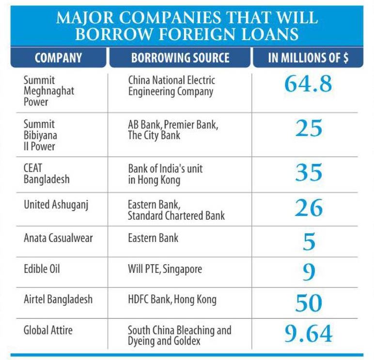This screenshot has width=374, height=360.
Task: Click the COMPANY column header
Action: [58, 59]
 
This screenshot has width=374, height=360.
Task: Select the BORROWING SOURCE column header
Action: [180, 59]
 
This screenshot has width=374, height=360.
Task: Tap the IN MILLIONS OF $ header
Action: [308, 59]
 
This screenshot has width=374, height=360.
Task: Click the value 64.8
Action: [308, 84]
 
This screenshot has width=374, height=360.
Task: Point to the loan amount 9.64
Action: [309, 334]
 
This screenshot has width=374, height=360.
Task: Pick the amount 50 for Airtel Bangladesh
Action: [309, 303]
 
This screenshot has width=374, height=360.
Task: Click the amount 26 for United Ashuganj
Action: [309, 208]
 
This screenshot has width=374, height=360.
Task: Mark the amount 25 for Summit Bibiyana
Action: [309, 128]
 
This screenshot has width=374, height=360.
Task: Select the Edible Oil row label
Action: [42, 269]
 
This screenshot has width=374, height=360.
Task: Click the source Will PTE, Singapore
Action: [165, 269]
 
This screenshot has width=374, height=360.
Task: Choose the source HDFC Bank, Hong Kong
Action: [172, 300]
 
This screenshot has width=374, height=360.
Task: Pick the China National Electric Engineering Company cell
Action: [171, 86]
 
